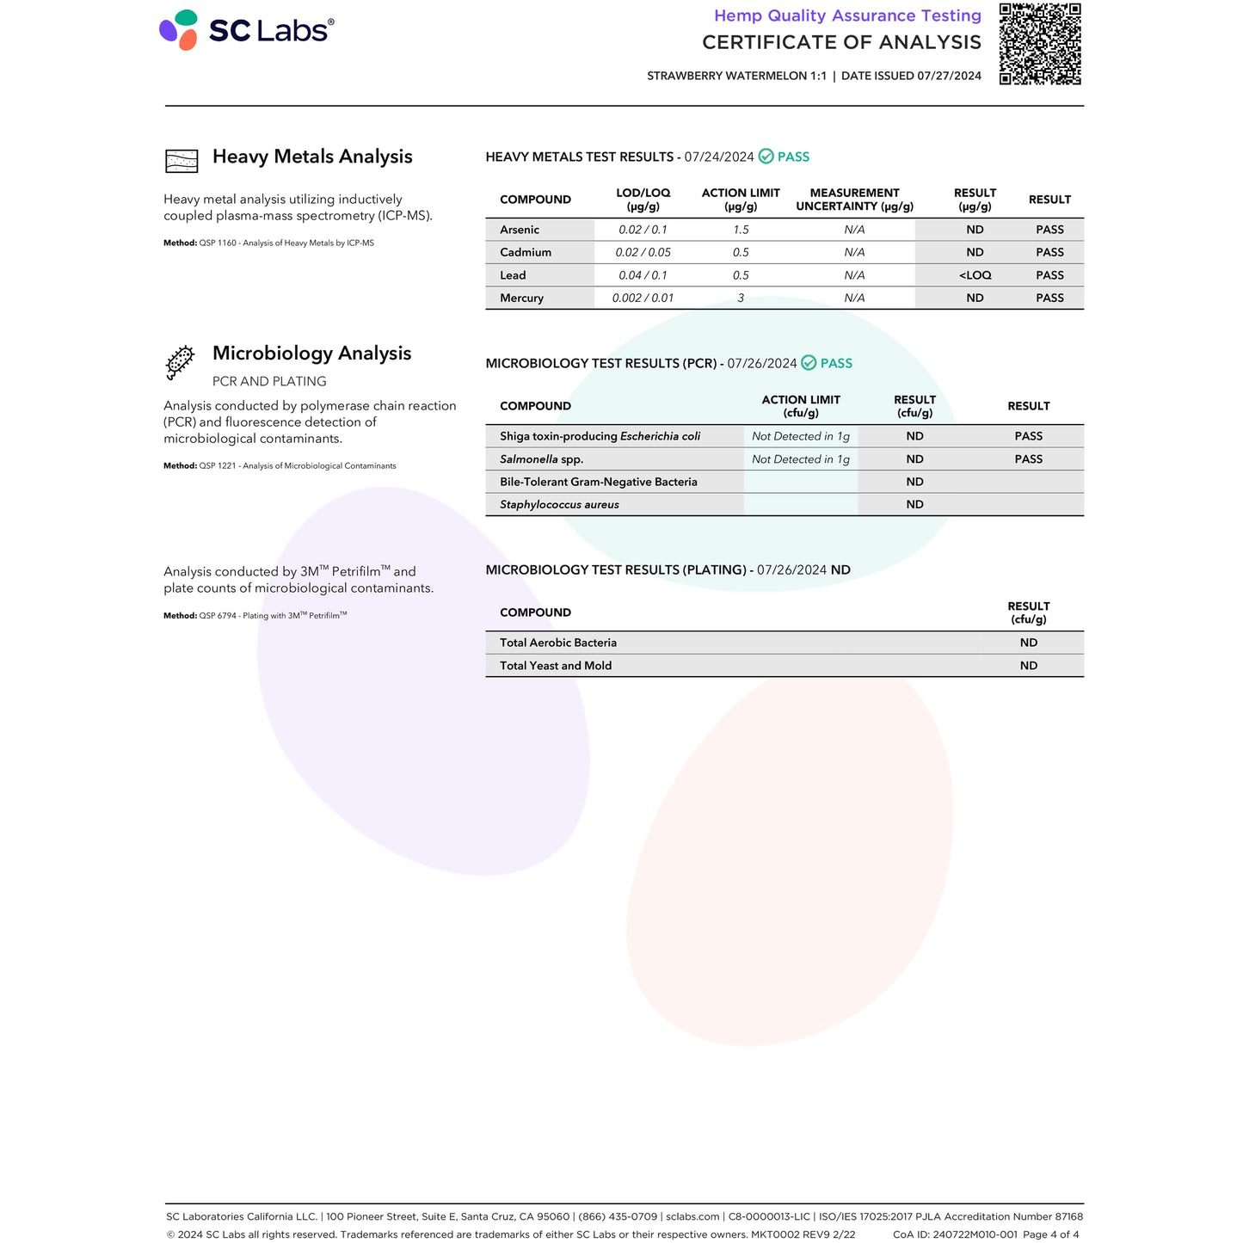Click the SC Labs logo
[246, 30]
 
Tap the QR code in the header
[1039, 44]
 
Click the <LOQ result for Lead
[975, 275]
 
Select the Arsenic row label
[520, 230]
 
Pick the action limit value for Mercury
[741, 298]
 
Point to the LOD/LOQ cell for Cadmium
[643, 253]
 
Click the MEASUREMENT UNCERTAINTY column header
[854, 200]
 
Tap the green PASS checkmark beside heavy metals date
[766, 157]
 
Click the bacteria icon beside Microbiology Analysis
[180, 362]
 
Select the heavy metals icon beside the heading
[181, 160]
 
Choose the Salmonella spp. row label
[541, 459]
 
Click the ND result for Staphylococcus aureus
[914, 505]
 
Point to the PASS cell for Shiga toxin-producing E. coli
[1028, 436]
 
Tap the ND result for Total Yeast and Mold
[1028, 666]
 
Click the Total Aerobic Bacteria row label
[557, 643]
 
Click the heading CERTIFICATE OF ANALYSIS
[841, 42]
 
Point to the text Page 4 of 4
[1050, 1234]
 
